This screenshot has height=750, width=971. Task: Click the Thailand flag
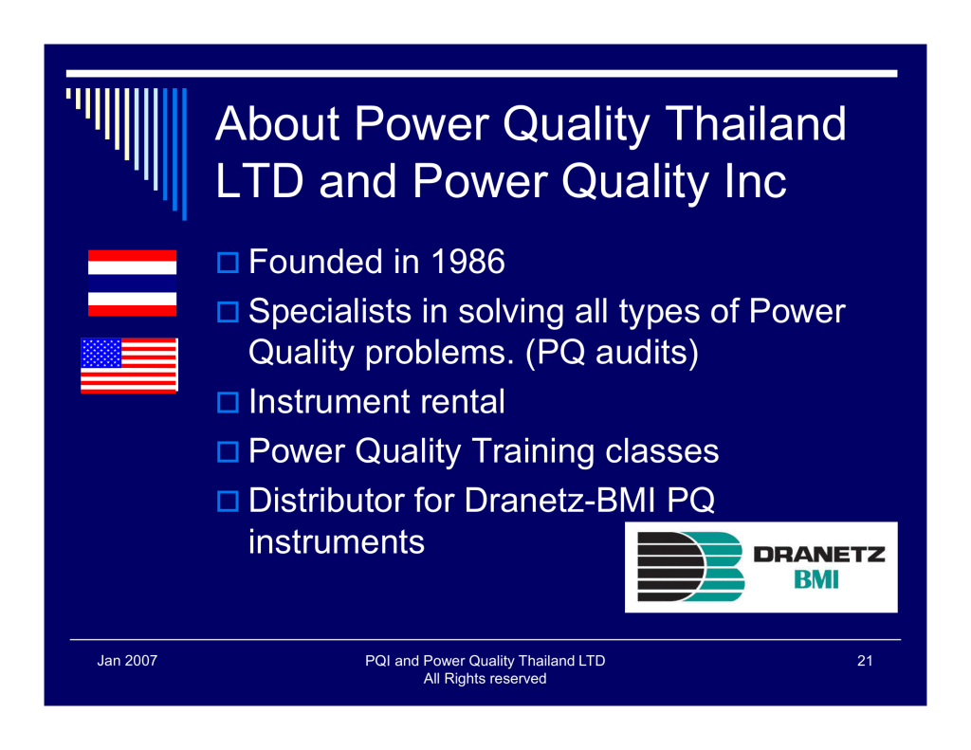click(132, 284)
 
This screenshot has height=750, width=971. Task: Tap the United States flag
click(129, 365)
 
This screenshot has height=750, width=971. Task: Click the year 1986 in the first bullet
click(467, 262)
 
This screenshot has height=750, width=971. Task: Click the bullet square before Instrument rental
click(228, 403)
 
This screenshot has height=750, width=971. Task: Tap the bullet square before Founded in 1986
click(228, 263)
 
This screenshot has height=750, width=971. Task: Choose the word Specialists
click(330, 311)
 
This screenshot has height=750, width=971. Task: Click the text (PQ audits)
click(612, 353)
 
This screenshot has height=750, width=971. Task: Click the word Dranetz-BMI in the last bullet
click(559, 500)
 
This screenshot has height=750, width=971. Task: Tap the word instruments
click(337, 542)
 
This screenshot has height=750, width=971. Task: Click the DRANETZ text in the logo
click(818, 555)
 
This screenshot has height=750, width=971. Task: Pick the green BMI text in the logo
click(816, 579)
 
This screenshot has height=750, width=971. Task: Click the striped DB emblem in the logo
click(690, 567)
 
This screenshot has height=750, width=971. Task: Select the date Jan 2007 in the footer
click(127, 661)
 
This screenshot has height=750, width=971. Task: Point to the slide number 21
click(865, 661)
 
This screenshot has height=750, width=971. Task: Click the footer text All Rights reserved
click(485, 679)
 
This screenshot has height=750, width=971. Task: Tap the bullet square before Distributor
click(228, 501)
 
